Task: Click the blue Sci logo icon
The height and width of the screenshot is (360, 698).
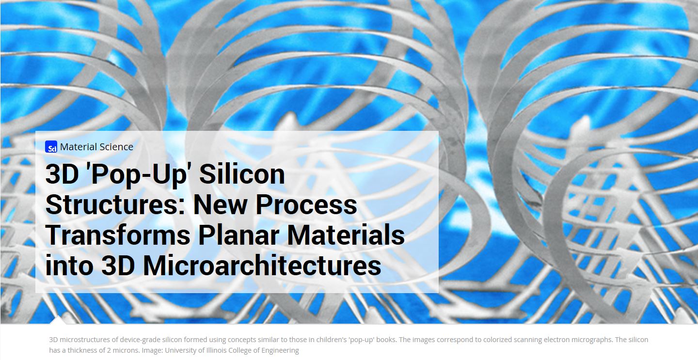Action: tap(51, 147)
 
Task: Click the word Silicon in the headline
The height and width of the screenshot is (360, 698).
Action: tap(242, 174)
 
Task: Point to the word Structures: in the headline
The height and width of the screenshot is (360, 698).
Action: tap(115, 204)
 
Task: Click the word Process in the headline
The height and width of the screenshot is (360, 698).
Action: tap(306, 204)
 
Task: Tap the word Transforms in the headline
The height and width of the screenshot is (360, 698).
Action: tap(118, 235)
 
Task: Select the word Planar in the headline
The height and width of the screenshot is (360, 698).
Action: tap(238, 235)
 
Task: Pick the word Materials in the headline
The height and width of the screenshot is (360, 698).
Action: tap(346, 235)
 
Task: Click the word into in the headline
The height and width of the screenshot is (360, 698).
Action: tap(69, 266)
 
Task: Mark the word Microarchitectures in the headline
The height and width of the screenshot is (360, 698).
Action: tap(262, 266)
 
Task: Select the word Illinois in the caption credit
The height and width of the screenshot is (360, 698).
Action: tap(216, 350)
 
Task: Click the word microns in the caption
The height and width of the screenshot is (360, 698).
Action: tap(126, 350)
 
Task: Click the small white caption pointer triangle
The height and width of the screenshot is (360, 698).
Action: tap(58, 320)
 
